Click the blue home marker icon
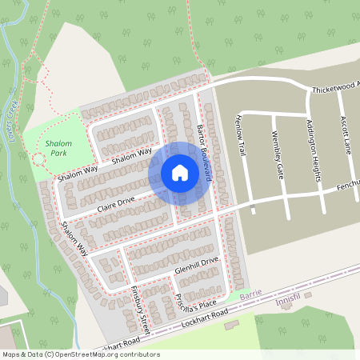coord(180,172)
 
